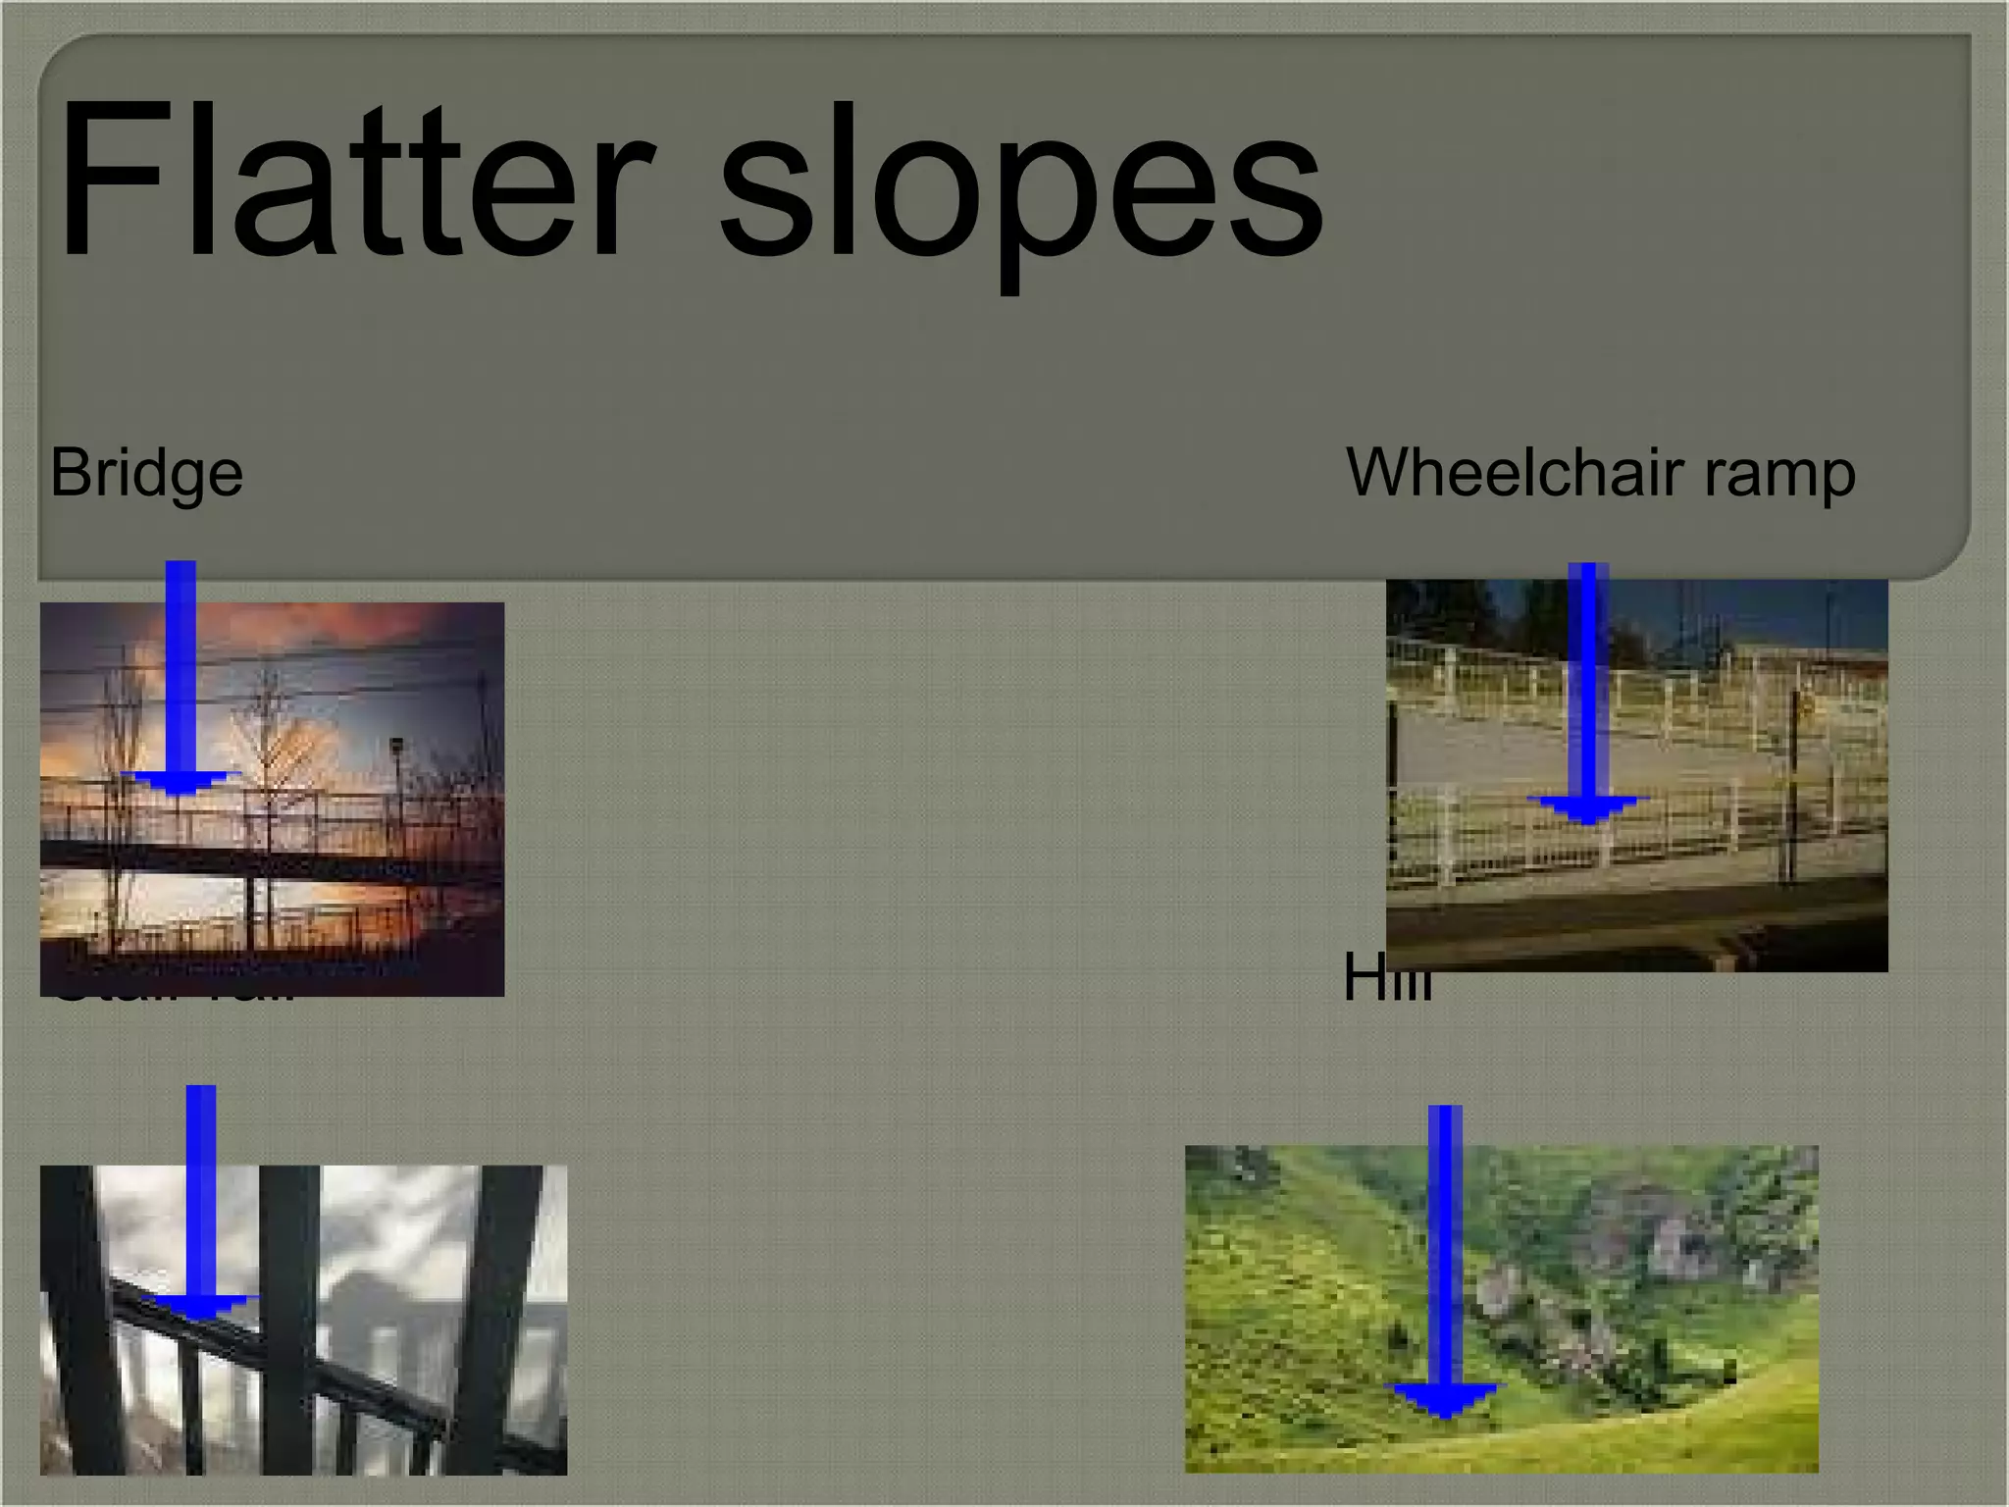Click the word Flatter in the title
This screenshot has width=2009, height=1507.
(353, 182)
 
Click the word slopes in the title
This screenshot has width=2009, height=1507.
(1020, 186)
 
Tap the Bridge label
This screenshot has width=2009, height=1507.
(146, 473)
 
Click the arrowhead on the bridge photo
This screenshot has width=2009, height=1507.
(180, 783)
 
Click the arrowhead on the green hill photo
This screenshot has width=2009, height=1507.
(1444, 1399)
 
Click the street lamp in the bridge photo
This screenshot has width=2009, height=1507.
(396, 751)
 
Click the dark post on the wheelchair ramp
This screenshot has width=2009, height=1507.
(1794, 785)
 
